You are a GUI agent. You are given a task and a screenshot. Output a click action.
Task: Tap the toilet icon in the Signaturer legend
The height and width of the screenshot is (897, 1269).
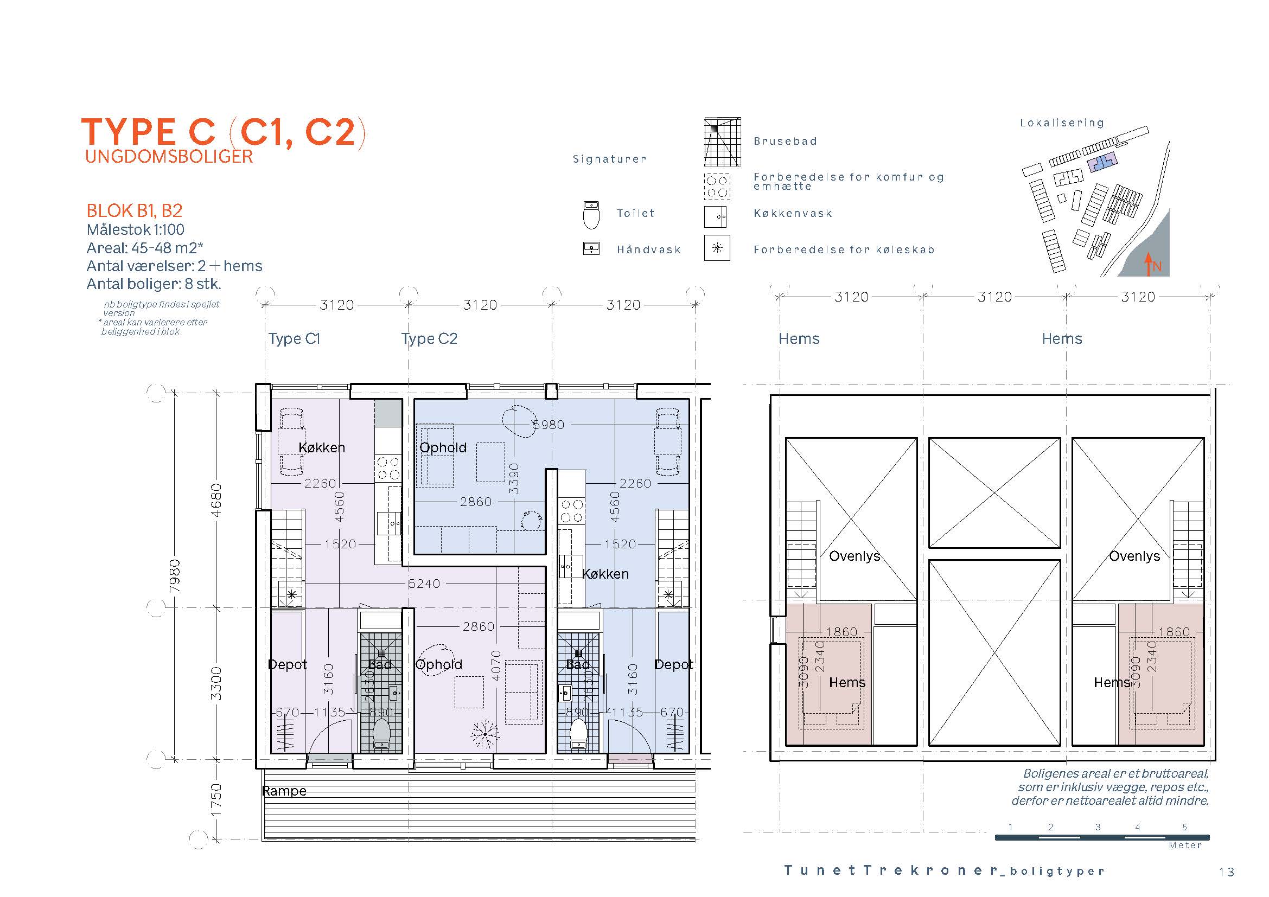[591, 215]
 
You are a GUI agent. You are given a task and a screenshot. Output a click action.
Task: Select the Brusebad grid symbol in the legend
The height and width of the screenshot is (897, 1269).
[722, 142]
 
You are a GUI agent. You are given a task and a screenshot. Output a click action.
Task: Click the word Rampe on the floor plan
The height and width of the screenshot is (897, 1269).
[284, 791]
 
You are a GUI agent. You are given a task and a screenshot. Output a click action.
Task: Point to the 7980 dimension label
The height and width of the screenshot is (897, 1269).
[175, 576]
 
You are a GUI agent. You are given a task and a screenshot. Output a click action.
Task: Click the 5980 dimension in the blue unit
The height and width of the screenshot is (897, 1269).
[549, 425]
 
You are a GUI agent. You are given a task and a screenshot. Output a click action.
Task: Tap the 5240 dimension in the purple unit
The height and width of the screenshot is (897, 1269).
[424, 584]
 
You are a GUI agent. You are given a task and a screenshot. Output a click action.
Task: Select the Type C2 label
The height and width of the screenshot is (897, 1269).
[430, 338]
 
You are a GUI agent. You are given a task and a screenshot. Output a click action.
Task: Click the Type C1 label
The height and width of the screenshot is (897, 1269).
[295, 338]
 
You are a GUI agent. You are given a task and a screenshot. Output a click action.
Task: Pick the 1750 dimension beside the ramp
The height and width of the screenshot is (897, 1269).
[216, 799]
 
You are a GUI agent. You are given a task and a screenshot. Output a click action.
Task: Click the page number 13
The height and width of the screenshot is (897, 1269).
[1227, 872]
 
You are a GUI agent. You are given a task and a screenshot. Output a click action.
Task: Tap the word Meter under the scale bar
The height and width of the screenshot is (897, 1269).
[1185, 845]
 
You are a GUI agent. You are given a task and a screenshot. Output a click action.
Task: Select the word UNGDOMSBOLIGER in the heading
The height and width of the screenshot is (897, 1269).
[169, 156]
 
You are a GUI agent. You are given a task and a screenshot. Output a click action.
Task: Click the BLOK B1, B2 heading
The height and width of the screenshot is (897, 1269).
[135, 210]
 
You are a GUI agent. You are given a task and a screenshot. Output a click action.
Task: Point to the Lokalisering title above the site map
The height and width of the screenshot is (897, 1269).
[1062, 123]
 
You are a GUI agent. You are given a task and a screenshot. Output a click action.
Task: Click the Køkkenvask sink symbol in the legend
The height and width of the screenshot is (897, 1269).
[717, 217]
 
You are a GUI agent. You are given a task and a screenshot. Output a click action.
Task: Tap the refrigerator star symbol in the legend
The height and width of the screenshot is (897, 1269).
[717, 248]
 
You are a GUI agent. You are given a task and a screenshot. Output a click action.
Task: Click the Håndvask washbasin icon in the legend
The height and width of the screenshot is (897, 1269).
[591, 248]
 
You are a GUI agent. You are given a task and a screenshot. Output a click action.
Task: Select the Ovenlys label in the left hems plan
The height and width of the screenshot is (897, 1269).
[854, 556]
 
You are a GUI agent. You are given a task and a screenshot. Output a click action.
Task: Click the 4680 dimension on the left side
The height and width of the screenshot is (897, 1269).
[216, 500]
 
